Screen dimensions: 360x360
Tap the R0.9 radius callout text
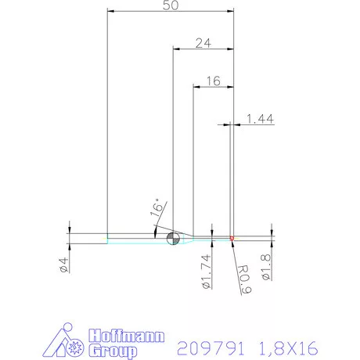pyautogui.click(x=243, y=279)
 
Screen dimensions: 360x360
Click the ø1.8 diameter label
pyautogui.click(x=266, y=268)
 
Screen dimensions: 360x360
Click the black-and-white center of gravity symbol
pyautogui.click(x=173, y=237)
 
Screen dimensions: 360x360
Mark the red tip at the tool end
pyautogui.click(x=232, y=237)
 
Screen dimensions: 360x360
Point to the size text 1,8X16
pyautogui.click(x=290, y=347)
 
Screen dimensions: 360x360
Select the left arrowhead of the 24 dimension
pyautogui.click(x=176, y=49)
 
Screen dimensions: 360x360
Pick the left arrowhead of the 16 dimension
pyautogui.click(x=196, y=85)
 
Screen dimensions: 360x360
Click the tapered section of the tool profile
pyautogui.click(x=186, y=236)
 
